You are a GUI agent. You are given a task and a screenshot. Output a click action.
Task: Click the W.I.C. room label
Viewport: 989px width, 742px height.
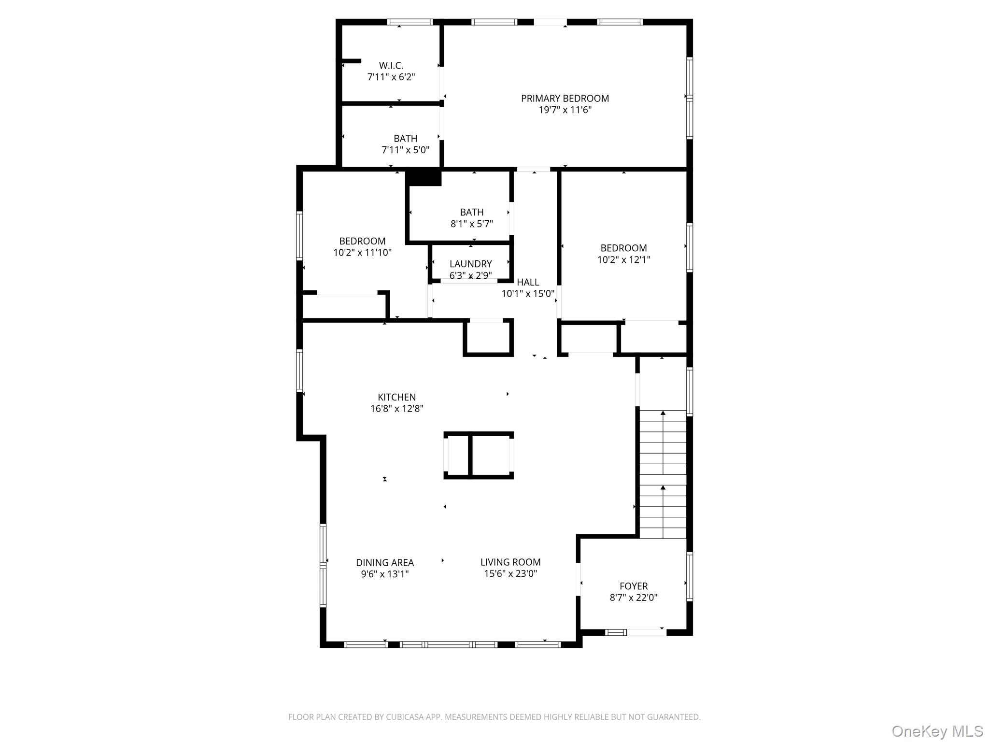pos(391,65)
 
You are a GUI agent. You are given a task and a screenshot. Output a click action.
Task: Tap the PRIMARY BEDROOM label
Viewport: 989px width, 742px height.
pos(565,99)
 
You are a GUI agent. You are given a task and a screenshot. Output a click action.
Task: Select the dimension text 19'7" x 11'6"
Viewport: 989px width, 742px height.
pos(565,110)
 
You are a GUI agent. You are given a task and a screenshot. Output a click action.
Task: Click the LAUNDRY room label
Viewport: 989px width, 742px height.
pos(470,264)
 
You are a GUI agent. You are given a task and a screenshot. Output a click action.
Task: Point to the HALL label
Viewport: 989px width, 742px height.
pos(527,282)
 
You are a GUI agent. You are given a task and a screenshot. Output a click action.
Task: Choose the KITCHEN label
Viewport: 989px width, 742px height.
pos(396,397)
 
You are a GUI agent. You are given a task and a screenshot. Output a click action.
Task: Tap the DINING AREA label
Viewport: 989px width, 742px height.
pos(385,562)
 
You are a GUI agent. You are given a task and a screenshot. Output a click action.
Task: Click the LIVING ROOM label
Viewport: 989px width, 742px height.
pos(510,562)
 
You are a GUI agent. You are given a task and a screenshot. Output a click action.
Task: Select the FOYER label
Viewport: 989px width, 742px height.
pos(633,586)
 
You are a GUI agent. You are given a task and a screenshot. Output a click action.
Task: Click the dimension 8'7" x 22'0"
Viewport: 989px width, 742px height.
pos(633,598)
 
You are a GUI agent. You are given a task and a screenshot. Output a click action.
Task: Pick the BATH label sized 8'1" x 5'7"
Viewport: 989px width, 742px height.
pos(471,212)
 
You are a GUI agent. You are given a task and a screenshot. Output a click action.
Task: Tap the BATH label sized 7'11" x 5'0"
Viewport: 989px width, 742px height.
pos(405,139)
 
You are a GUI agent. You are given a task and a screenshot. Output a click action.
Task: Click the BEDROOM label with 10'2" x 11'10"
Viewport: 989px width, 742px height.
pos(362,241)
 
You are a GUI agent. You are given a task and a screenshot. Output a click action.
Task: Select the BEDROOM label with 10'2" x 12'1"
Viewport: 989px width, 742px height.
pos(623,248)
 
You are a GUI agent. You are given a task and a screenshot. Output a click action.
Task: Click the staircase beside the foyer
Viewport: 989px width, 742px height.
pos(663,473)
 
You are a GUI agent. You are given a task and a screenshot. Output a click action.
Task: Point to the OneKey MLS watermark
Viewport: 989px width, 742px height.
pos(937,731)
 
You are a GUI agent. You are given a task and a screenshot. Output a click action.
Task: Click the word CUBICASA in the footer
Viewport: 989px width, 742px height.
pos(403,717)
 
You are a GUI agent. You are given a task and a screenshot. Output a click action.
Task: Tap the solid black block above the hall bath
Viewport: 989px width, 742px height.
pos(424,177)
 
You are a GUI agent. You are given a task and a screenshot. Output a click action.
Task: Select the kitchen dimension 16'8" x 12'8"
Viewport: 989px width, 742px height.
pos(396,409)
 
